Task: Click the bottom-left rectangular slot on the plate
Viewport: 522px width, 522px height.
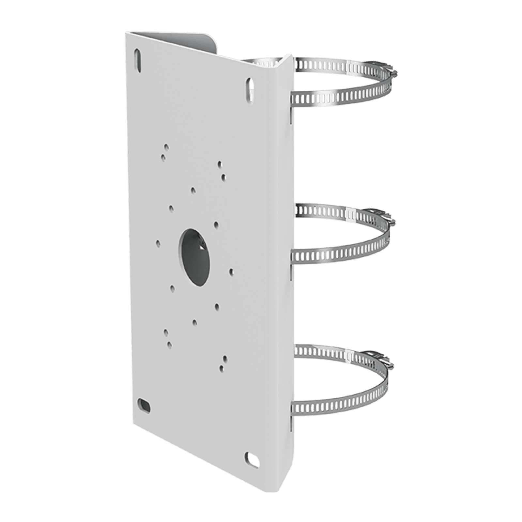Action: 144,405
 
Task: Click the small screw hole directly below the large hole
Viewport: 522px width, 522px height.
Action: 194,322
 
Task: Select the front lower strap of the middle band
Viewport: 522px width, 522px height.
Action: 339,253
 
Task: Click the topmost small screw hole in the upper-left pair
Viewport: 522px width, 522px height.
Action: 166,147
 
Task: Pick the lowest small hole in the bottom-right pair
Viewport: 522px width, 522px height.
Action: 222,368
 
